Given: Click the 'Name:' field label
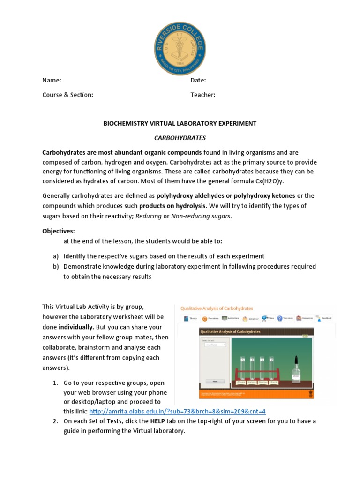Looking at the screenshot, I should coord(52,81).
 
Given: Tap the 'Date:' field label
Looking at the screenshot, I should coord(198,81).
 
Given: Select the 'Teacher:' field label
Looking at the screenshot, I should coord(202,95).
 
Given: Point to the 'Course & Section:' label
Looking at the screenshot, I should coord(67,95).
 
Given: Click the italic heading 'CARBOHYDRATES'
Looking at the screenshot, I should coord(180,138).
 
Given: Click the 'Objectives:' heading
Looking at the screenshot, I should coord(58,231).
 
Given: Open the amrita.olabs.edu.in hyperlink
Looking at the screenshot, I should coord(177,412).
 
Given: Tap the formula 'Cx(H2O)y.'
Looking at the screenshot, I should coord(268,181).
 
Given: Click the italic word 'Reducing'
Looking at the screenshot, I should coord(148,216).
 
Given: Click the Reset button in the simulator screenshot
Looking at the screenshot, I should coord(215,381).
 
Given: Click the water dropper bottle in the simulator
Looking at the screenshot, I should coord(296,367).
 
